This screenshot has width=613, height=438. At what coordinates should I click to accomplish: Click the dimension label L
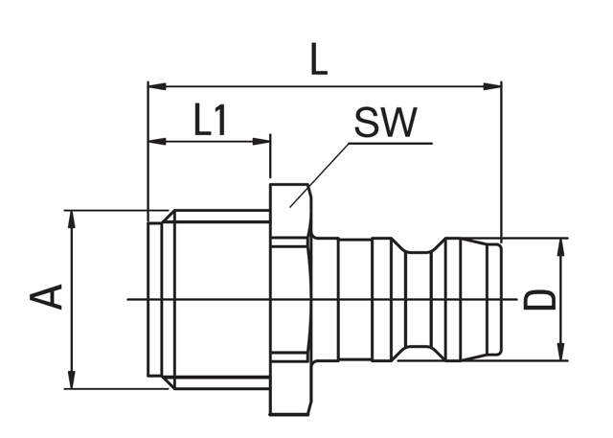click(x=319, y=60)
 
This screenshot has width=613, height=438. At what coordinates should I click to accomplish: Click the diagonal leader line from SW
click(x=321, y=173)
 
